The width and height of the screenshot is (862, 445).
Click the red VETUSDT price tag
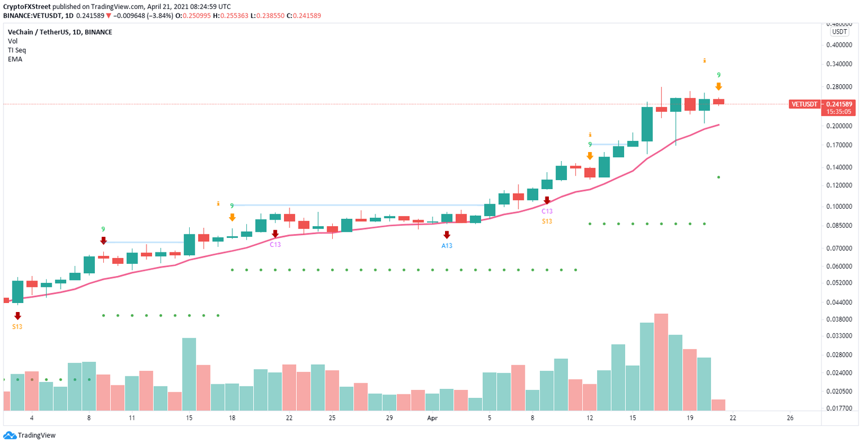click(804, 104)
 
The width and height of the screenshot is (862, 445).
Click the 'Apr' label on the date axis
click(432, 418)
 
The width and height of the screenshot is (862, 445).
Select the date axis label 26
click(790, 418)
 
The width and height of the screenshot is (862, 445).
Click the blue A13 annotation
click(447, 246)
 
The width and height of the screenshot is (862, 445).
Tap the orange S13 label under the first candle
click(17, 327)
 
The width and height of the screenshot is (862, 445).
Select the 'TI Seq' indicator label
click(17, 50)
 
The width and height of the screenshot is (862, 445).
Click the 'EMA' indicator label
click(15, 59)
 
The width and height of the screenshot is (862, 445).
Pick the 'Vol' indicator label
click(12, 41)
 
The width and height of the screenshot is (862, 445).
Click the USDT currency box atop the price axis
click(840, 32)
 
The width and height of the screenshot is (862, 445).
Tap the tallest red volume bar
click(661, 362)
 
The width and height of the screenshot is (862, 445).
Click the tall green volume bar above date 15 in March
click(189, 374)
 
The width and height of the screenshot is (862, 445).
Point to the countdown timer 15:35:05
click(838, 112)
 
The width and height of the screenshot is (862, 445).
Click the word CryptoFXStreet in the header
click(27, 7)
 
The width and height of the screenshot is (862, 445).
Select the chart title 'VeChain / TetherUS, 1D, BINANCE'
click(59, 32)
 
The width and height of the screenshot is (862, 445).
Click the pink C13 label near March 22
click(275, 244)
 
